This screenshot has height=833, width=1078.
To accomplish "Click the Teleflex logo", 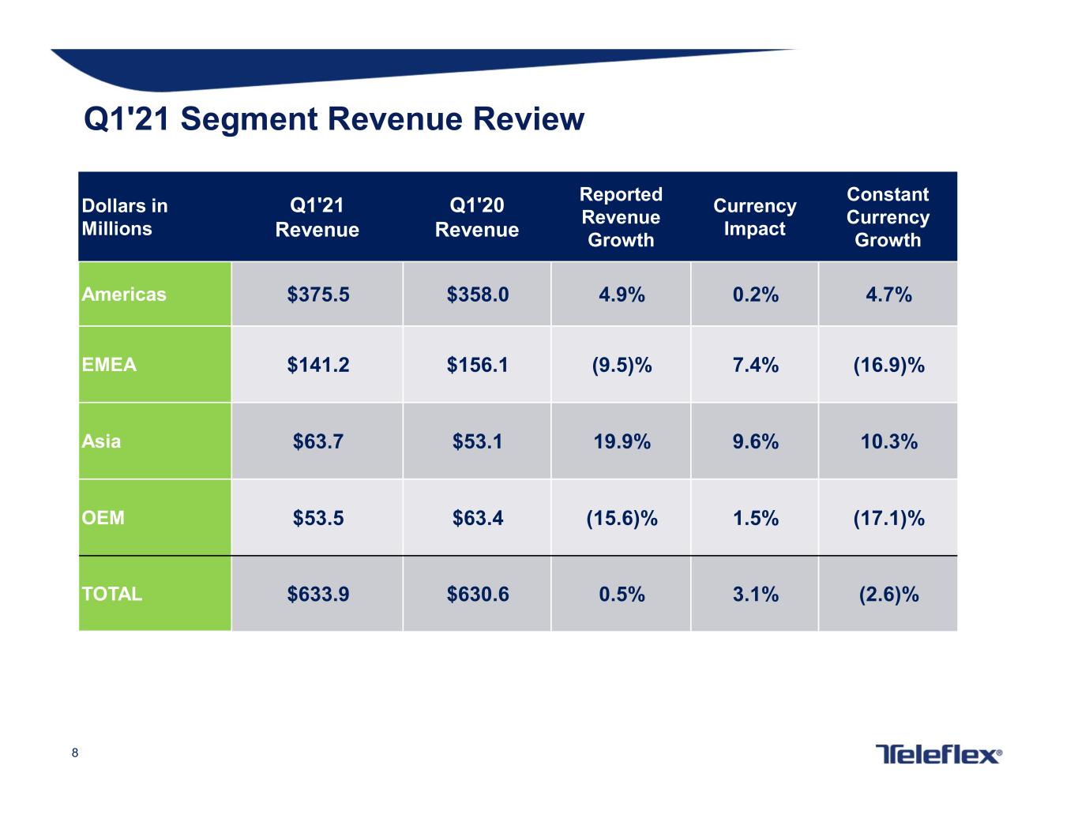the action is point(938,754).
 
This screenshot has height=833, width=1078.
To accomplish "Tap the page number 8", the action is point(75,752).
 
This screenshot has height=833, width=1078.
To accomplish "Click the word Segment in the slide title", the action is point(249,119).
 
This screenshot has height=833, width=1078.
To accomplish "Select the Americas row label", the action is point(123,294).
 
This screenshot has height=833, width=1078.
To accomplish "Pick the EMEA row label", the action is point(109,365).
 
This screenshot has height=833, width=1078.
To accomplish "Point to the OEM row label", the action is point(103,517).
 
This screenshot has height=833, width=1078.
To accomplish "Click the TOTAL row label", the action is point(111,594).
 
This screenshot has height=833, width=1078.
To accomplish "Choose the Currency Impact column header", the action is point(754,217).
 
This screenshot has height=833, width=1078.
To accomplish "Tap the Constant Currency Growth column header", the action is point(888,217).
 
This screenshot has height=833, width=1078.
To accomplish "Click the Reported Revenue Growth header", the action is point(621,217).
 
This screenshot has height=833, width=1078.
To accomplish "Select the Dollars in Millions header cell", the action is point(125,217).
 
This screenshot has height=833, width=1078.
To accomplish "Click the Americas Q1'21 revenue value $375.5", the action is point(318,295).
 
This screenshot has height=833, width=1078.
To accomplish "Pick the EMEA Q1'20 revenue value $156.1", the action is point(477,365).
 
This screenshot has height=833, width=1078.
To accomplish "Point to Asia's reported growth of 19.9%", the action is point(622,441).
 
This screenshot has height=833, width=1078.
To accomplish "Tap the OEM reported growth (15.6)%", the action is point(622,518).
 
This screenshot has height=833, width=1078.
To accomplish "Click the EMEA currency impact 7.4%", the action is point(756,365).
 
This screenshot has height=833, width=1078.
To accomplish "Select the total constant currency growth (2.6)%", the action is point(888,594).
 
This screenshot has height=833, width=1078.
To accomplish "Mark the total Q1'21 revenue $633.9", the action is point(318,594).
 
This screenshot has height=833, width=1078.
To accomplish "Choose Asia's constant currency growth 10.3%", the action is point(888,441).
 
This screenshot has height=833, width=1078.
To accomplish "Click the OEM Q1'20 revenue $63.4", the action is point(477,518).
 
